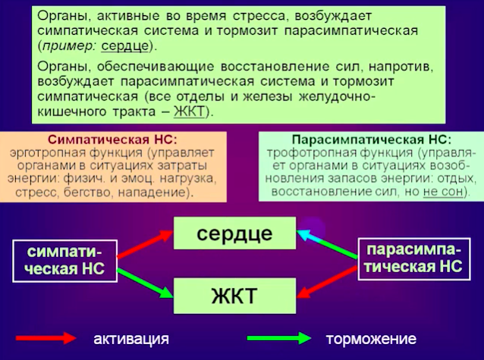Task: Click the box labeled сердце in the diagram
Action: pyautogui.click(x=234, y=233)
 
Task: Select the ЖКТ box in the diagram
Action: pyautogui.click(x=234, y=296)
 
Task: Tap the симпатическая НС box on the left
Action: pyautogui.click(x=64, y=261)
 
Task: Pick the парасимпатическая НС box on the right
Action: pyautogui.click(x=414, y=259)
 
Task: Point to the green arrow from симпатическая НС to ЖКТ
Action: pyautogui.click(x=145, y=283)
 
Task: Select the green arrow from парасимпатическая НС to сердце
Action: pyautogui.click(x=327, y=244)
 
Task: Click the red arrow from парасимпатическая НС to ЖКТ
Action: pyautogui.click(x=327, y=283)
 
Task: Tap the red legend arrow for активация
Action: pyautogui.click(x=46, y=338)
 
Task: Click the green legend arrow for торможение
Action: pyautogui.click(x=279, y=338)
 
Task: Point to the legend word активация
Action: pyautogui.click(x=131, y=339)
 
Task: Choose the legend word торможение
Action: pyautogui.click(x=371, y=339)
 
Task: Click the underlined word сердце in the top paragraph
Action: pyautogui.click(x=125, y=46)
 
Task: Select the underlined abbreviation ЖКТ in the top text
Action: pyautogui.click(x=189, y=111)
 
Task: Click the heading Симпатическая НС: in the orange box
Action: pyautogui.click(x=113, y=139)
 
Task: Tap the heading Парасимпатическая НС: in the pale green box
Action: pyautogui.click(x=372, y=139)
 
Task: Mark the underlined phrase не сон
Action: pyautogui.click(x=443, y=192)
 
